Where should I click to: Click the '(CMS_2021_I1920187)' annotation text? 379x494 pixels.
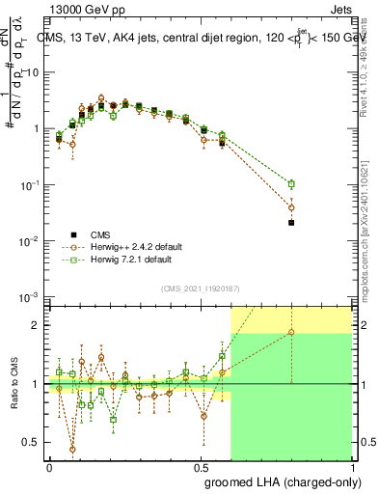(x=201, y=288)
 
